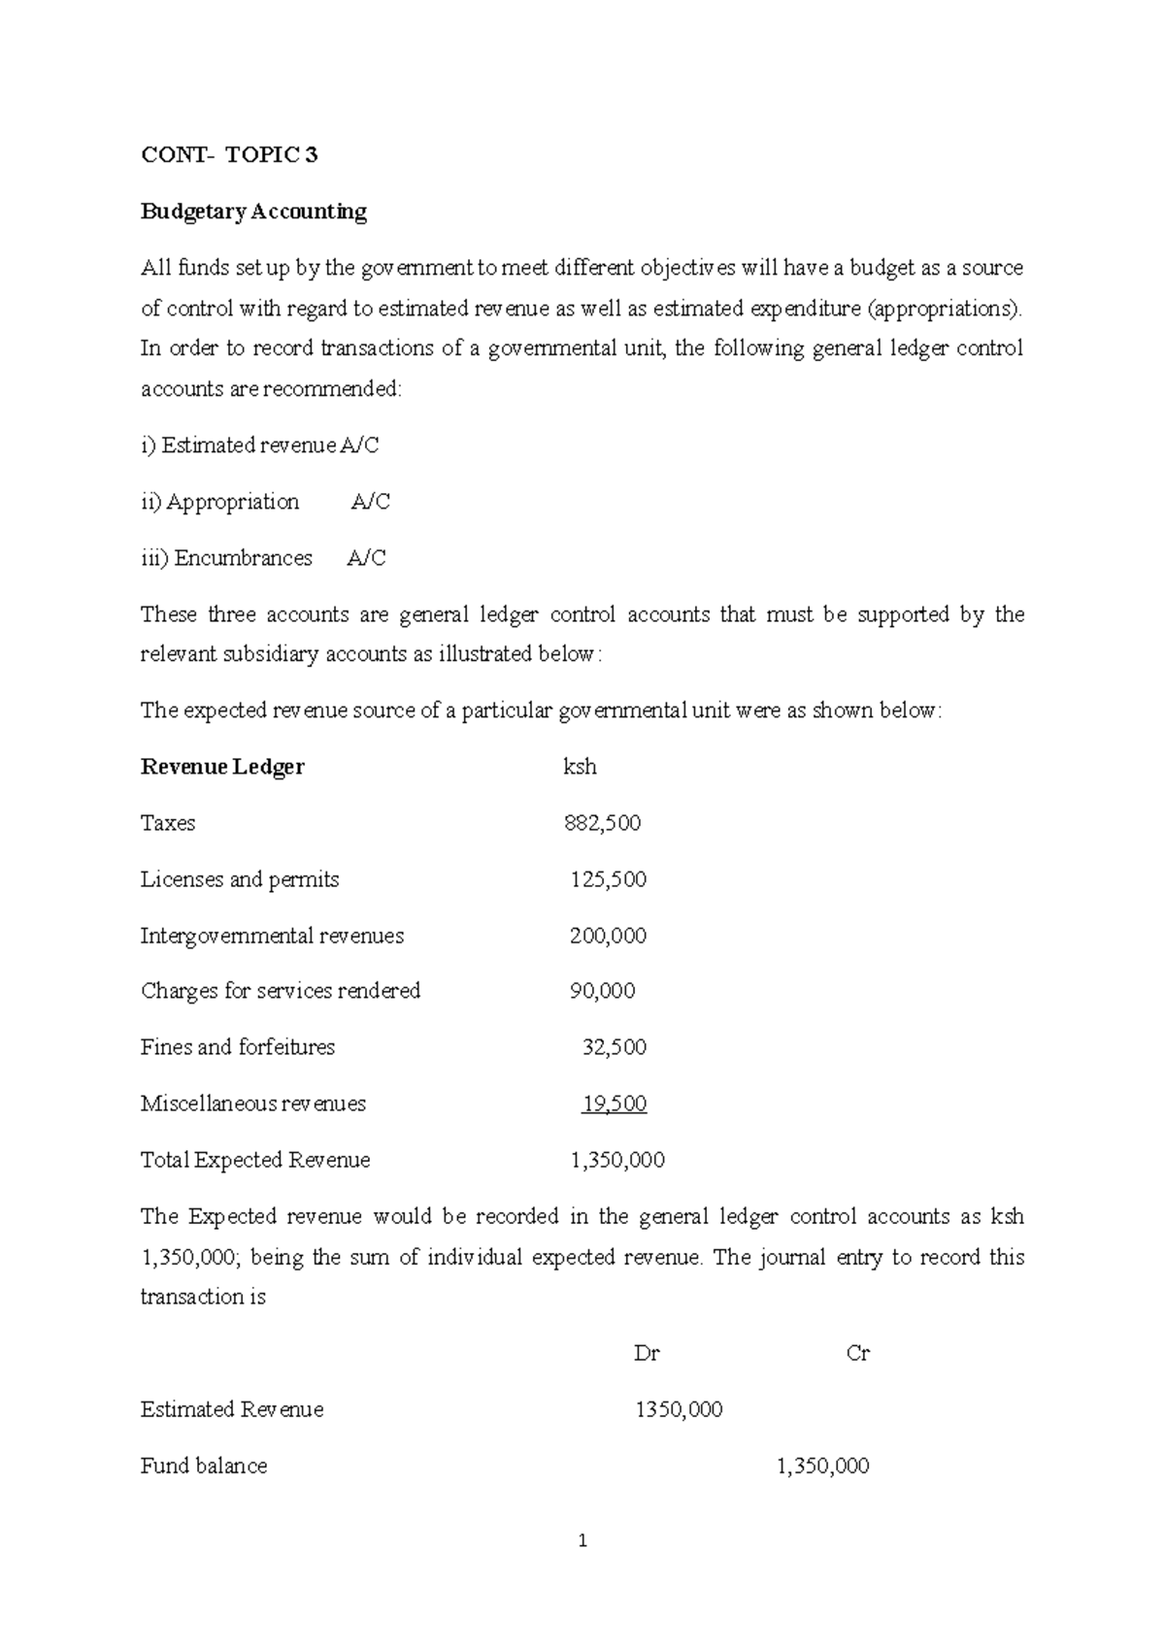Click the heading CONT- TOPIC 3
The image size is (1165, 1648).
pos(229,155)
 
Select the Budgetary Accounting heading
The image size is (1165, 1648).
pos(253,212)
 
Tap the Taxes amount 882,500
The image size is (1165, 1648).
pos(602,823)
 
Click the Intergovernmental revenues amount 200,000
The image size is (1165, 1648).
pos(608,936)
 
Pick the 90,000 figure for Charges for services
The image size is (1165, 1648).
pos(602,991)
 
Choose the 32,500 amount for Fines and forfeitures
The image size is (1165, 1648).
pos(614,1047)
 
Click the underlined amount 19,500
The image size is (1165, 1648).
pos(614,1104)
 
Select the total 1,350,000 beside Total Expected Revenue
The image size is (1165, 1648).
pos(617,1160)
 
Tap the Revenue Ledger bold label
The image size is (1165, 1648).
pos(222,767)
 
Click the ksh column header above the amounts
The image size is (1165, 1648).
pos(580,767)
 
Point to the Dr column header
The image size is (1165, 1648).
pos(647,1353)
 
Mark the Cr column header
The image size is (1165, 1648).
pos(858,1353)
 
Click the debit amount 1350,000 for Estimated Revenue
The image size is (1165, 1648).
pos(679,1409)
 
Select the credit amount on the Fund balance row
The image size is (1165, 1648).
pos(822,1466)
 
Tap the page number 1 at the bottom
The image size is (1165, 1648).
pos(582,1540)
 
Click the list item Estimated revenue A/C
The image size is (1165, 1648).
pos(259,445)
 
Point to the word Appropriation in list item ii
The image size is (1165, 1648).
pos(232,502)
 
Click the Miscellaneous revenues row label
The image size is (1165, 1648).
pos(252,1104)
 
